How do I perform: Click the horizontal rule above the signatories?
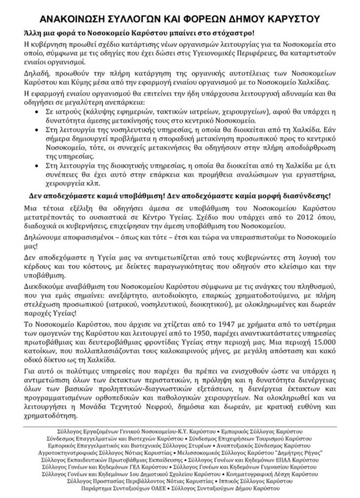(180, 427)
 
